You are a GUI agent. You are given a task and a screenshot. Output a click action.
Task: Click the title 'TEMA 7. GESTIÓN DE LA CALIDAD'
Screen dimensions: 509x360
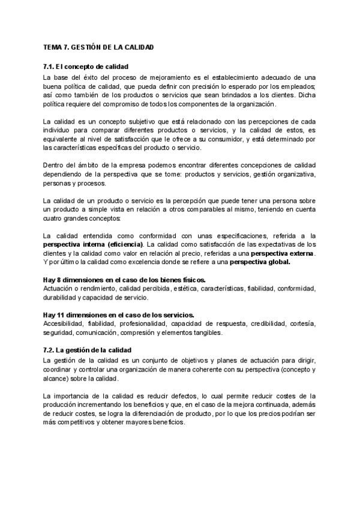pyautogui.click(x=94, y=47)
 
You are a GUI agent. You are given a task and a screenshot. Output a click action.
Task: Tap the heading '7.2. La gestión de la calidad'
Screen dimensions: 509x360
pyautogui.click(x=88, y=349)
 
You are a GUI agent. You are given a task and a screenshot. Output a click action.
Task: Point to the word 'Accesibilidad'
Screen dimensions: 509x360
pyautogui.click(x=64, y=324)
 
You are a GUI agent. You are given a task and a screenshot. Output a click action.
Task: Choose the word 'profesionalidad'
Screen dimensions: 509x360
pyautogui.click(x=136, y=324)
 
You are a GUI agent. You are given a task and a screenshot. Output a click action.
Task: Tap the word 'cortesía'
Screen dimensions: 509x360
pyautogui.click(x=302, y=324)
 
